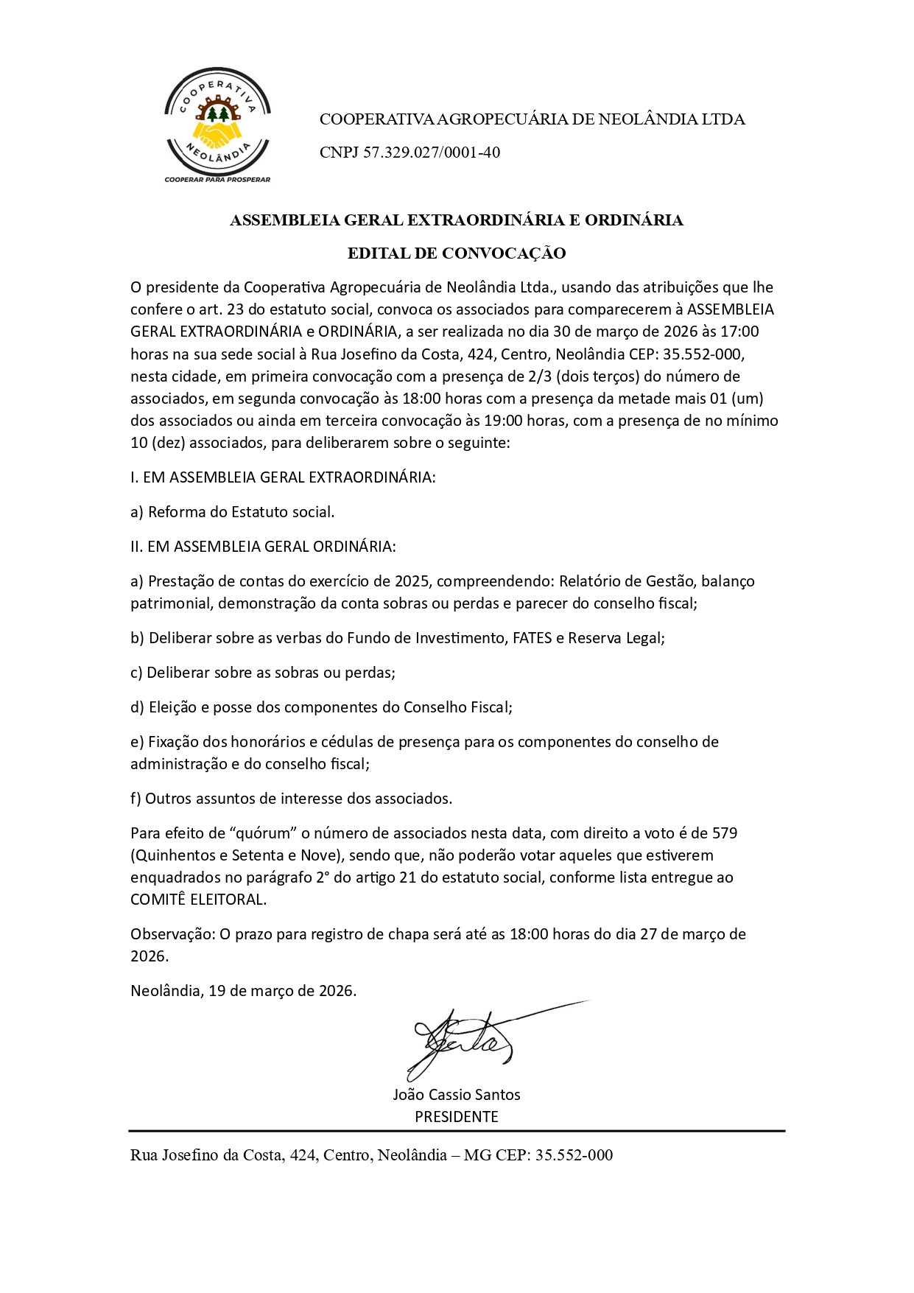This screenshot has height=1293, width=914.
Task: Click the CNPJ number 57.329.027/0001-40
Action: (x=431, y=153)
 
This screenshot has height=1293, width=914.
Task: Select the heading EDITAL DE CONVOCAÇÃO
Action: (x=457, y=253)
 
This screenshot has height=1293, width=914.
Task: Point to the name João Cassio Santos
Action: (x=457, y=1094)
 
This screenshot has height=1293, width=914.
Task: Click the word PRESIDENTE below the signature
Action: (x=457, y=1116)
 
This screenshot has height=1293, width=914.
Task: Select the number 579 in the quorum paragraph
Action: (x=725, y=833)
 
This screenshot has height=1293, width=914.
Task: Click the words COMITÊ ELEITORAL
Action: (x=198, y=900)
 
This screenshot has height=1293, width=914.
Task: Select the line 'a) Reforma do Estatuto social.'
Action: (x=233, y=512)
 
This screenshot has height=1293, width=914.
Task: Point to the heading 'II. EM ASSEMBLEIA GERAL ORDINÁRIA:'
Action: (x=263, y=547)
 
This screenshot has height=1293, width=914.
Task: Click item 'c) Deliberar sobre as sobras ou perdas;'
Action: (x=263, y=673)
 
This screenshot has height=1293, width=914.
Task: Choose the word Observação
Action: (x=172, y=934)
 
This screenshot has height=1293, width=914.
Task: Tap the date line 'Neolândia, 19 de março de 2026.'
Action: (x=244, y=991)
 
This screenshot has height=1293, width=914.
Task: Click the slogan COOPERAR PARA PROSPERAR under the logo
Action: (x=217, y=179)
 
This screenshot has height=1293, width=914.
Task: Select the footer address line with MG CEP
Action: (x=371, y=1154)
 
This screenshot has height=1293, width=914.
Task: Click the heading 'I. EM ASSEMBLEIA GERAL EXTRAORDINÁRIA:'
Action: (x=284, y=477)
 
